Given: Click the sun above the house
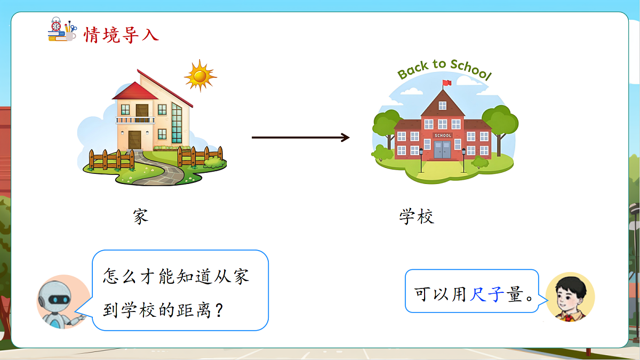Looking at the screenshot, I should tap(200, 76).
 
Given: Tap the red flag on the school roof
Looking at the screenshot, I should tap(446, 83).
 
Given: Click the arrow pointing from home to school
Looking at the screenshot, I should tap(300, 138).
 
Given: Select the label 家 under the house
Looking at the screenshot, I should tap(140, 217).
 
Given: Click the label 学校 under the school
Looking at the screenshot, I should tap(417, 217).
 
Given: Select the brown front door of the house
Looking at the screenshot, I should tap(135, 140).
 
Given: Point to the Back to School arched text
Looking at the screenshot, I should tap(444, 69).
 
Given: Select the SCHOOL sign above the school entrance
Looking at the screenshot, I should tap(443, 135).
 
